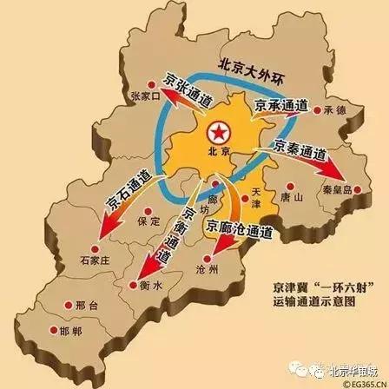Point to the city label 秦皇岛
coord(334,195)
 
